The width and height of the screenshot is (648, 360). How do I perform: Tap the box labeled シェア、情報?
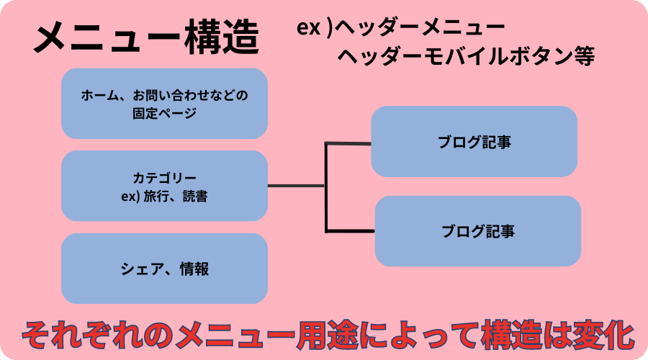point(164,269)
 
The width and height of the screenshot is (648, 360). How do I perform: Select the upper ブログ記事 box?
point(474,142)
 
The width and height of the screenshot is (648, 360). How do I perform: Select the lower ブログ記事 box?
point(478,231)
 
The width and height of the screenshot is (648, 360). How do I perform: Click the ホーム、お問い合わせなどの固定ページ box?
point(164,103)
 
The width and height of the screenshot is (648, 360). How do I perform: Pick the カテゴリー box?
point(164,186)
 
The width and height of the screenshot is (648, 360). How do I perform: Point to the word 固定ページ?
point(164,113)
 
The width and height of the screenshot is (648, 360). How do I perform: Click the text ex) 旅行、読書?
point(164,195)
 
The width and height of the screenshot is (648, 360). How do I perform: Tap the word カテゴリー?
point(164,177)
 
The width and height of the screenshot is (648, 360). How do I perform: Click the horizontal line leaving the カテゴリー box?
point(295,186)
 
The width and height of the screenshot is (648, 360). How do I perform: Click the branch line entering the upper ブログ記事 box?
point(348,144)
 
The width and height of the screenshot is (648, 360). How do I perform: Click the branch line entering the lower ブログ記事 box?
point(351,230)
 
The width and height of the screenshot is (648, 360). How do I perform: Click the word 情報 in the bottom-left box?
point(194,269)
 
